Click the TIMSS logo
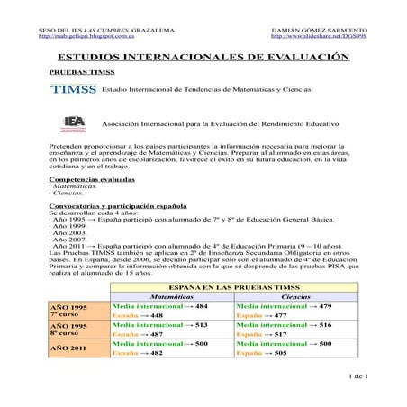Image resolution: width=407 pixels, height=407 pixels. coord(75,92)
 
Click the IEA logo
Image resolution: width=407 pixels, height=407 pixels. coord(77,122)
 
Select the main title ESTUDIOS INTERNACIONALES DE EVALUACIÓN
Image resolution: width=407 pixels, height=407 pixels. coord(203,57)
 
